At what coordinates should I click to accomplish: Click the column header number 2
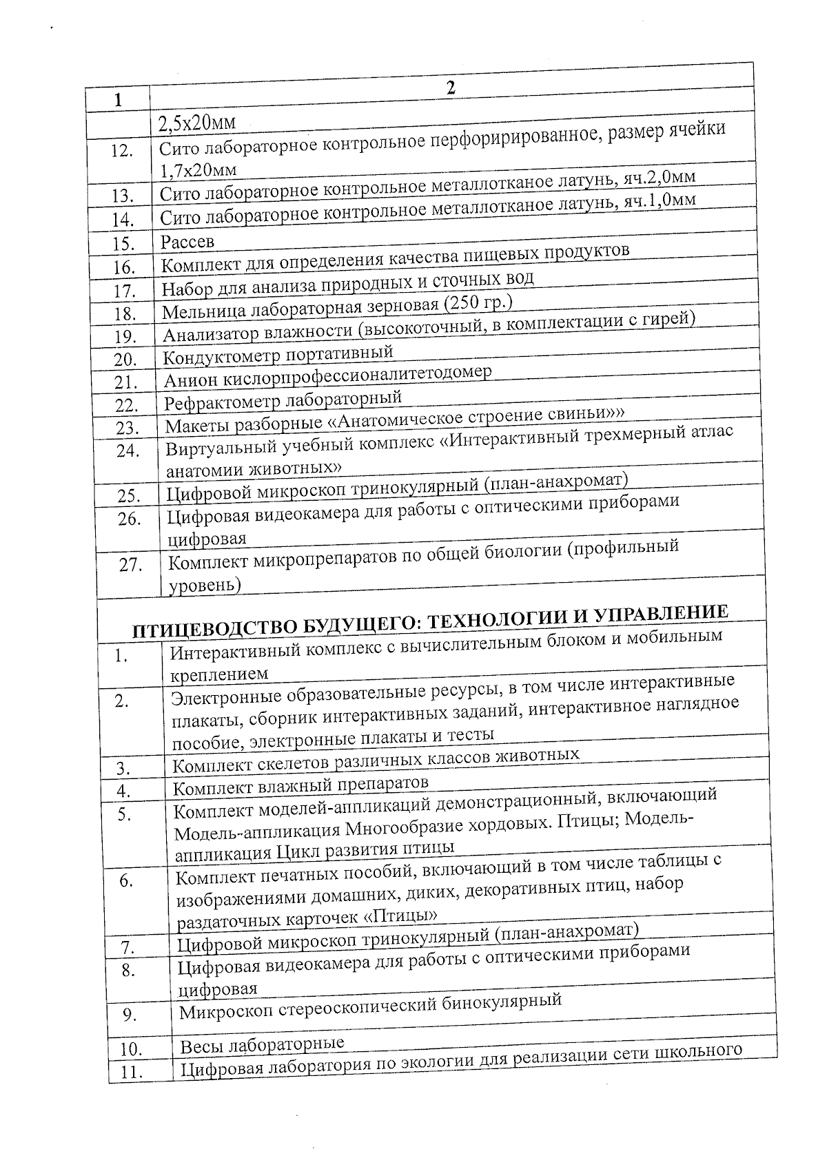(451, 87)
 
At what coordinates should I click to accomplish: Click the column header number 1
(118, 100)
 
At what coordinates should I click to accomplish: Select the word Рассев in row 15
(187, 242)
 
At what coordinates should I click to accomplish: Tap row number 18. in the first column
(125, 314)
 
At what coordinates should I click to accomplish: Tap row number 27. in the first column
(131, 565)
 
